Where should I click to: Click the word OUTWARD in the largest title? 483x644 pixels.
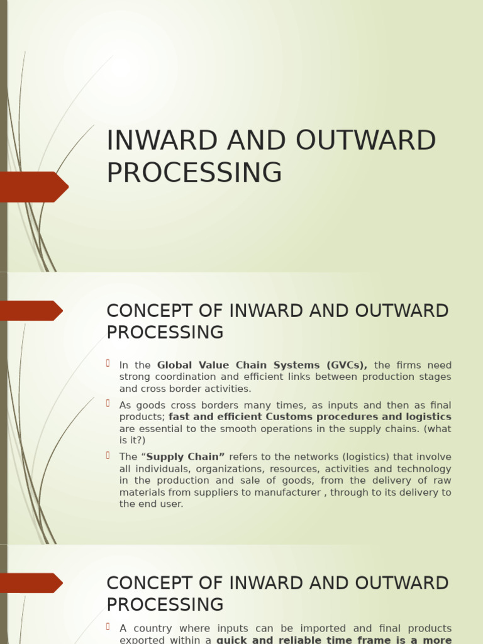click(x=365, y=141)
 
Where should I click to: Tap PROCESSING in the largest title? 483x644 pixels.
click(x=194, y=173)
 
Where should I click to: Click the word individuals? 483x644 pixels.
click(x=160, y=469)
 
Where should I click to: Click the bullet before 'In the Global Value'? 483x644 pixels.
click(x=108, y=363)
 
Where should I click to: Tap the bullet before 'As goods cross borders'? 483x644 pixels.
click(x=108, y=403)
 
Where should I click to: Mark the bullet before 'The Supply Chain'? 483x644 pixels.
click(x=108, y=455)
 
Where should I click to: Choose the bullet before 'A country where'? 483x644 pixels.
click(x=108, y=626)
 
